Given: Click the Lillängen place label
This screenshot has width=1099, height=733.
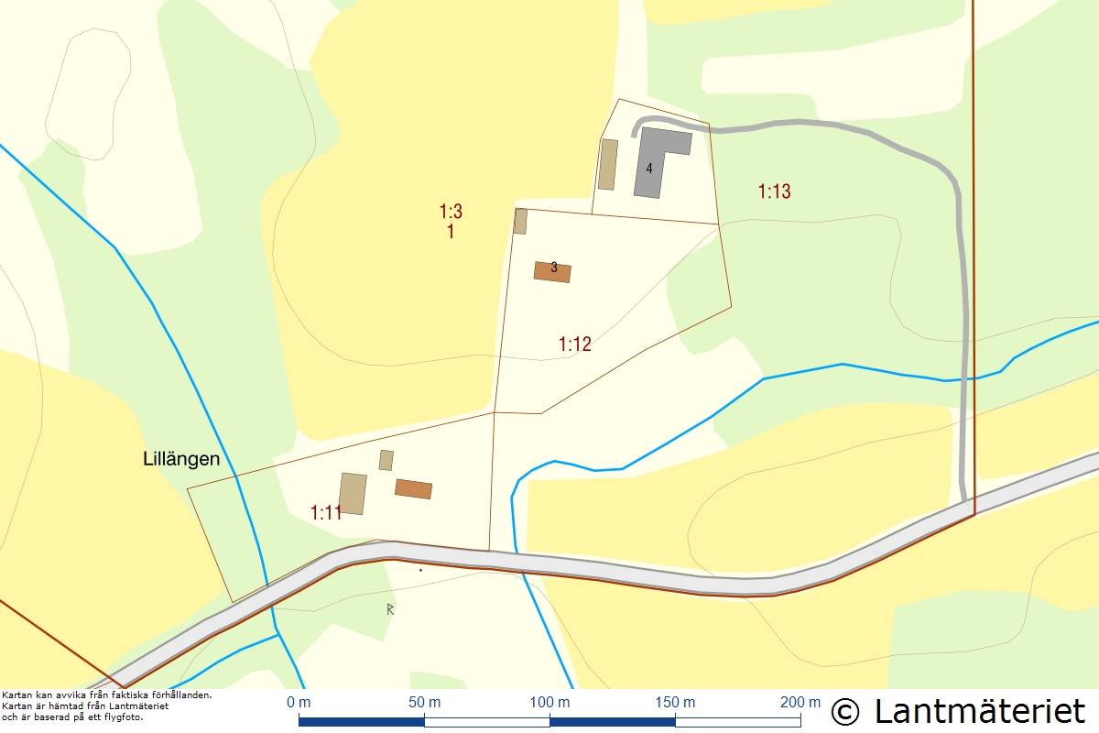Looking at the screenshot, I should pyautogui.click(x=181, y=459).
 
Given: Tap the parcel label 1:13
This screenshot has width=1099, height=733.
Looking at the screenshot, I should pyautogui.click(x=774, y=191).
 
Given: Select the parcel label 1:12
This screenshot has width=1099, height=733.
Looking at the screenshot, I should pyautogui.click(x=575, y=345).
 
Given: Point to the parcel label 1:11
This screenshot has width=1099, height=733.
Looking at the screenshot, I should pyautogui.click(x=326, y=512).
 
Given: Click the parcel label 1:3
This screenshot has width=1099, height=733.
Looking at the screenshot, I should pyautogui.click(x=451, y=212).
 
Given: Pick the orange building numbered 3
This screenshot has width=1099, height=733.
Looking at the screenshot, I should pyautogui.click(x=552, y=272).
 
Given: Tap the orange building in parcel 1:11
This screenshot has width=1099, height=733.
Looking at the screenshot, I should pyautogui.click(x=413, y=489).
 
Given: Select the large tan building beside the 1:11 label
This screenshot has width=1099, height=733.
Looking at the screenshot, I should pyautogui.click(x=353, y=494).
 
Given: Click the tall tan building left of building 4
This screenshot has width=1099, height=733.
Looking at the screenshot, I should pyautogui.click(x=607, y=164).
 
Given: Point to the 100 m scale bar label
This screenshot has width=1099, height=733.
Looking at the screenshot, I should pyautogui.click(x=549, y=703).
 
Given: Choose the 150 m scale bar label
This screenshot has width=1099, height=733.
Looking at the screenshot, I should pyautogui.click(x=675, y=703).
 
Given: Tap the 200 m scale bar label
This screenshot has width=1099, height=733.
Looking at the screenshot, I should pyautogui.click(x=800, y=703).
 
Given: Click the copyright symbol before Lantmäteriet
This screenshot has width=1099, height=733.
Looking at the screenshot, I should pyautogui.click(x=845, y=711).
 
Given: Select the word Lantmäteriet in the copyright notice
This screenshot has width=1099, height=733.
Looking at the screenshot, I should pyautogui.click(x=980, y=711).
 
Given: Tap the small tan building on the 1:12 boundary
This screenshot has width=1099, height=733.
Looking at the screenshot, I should pyautogui.click(x=520, y=222).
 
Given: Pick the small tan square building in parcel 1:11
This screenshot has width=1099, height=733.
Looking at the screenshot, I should pyautogui.click(x=386, y=460).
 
